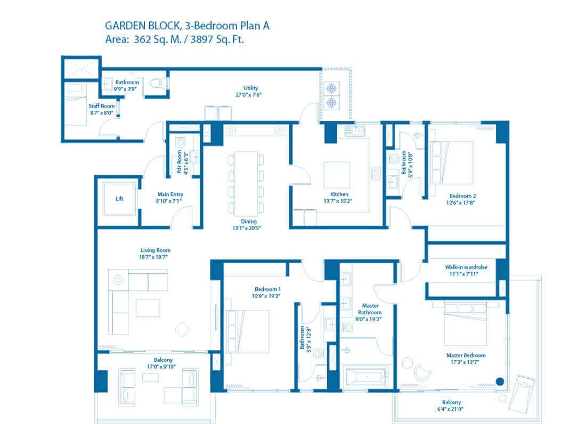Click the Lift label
(119, 199)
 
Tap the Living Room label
(154, 250)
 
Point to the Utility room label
(251, 88)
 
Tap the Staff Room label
(101, 106)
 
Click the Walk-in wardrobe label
(466, 267)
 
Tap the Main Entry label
(170, 194)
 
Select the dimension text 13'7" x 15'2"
(339, 201)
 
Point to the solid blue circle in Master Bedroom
(500, 381)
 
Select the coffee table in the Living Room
(148, 308)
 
